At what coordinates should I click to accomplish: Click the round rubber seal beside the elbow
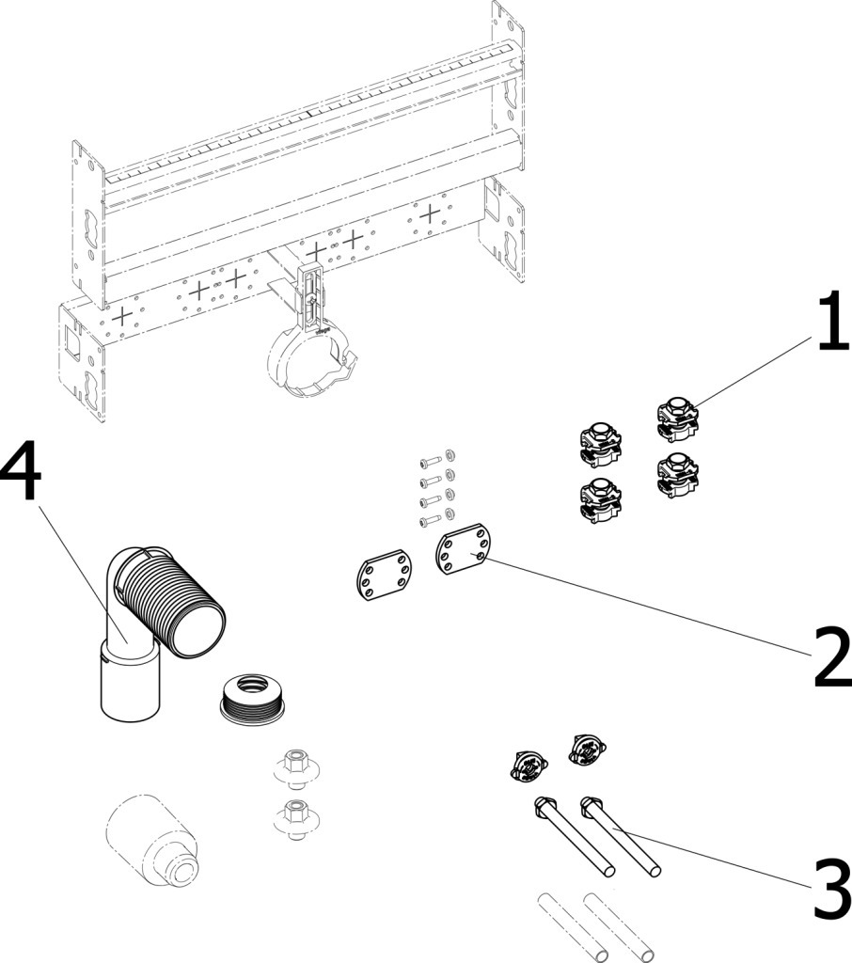point(251,697)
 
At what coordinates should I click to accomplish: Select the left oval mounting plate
point(382,576)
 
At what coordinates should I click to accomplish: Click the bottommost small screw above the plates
point(428,519)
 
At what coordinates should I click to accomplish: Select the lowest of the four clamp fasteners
point(600,497)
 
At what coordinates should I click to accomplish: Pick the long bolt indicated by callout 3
point(622,836)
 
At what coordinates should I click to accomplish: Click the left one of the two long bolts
point(576,836)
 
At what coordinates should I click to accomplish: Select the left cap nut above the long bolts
point(528,767)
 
